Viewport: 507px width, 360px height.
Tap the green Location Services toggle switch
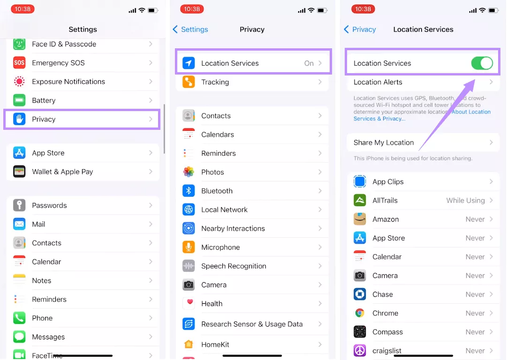click(482, 63)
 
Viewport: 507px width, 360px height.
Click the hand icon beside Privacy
click(19, 119)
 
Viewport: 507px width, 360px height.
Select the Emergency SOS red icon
click(19, 63)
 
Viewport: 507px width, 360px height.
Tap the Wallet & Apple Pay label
click(62, 172)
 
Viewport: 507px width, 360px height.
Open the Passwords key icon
click(19, 205)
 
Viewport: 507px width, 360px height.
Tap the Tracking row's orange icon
click(189, 82)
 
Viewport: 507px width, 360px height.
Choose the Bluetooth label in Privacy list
click(217, 191)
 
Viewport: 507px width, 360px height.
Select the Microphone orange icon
click(189, 247)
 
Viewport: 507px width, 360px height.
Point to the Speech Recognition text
click(234, 266)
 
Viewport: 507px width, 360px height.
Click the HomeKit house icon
click(189, 345)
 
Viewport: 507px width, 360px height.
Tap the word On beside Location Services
click(309, 63)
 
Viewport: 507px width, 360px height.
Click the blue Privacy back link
click(360, 30)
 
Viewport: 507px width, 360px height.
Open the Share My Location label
click(384, 142)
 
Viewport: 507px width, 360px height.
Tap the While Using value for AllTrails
click(465, 200)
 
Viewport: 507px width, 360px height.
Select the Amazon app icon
click(360, 219)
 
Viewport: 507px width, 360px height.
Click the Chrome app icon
click(360, 313)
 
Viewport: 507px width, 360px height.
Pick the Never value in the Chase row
click(475, 294)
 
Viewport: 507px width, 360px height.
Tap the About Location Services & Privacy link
click(471, 112)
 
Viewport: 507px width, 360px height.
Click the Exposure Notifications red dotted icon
click(19, 82)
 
